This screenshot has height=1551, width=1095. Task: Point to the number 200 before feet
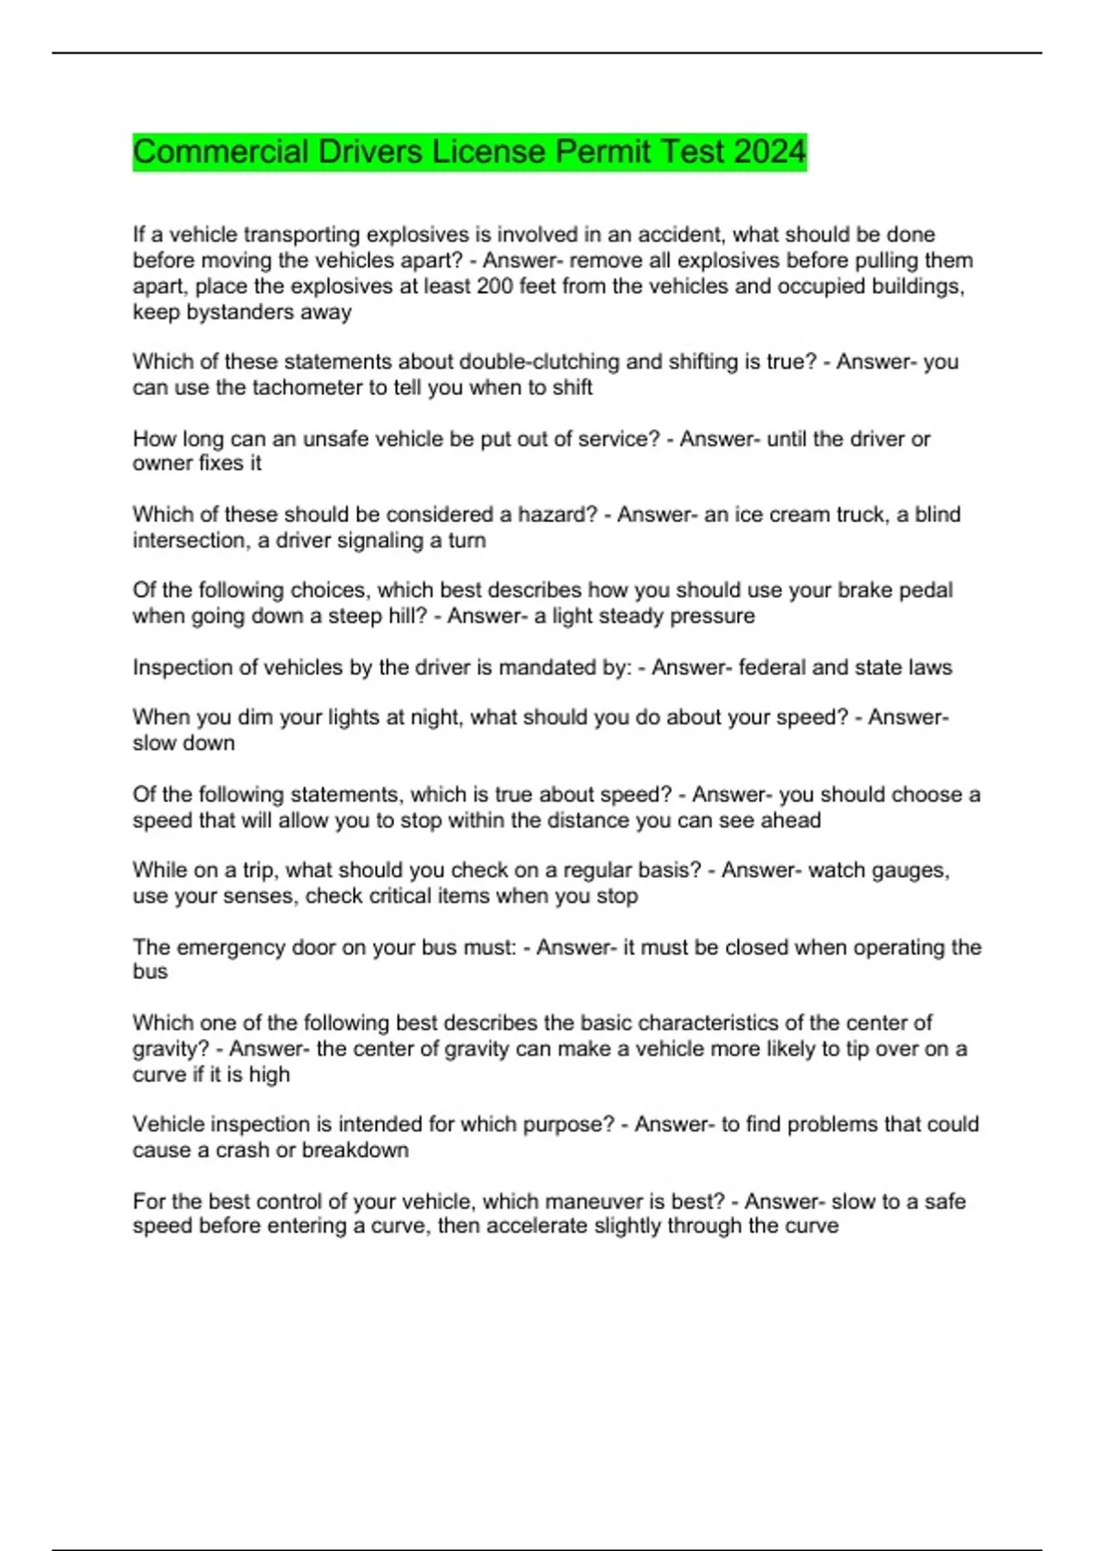coord(495,286)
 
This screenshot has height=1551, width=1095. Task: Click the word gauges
coord(900,870)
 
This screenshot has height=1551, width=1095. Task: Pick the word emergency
coord(230,947)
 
